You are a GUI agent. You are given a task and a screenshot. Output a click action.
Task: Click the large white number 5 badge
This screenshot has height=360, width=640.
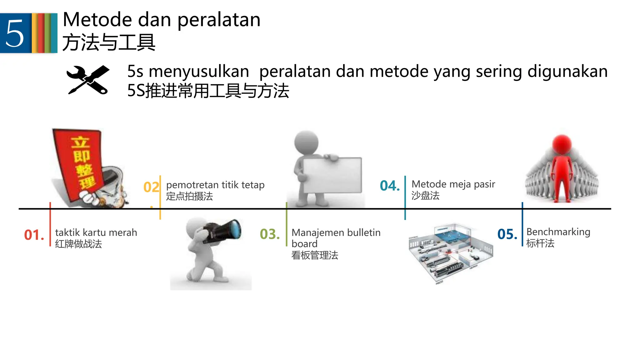(x=15, y=33)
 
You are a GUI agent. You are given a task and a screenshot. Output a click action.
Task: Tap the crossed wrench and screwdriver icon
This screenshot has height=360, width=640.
(x=88, y=80)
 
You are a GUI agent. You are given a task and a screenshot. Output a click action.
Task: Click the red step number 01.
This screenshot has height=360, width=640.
(x=34, y=235)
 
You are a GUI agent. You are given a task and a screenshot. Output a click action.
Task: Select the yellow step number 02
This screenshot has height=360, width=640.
(x=151, y=187)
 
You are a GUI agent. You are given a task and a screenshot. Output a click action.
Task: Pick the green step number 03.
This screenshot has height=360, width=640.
(x=269, y=234)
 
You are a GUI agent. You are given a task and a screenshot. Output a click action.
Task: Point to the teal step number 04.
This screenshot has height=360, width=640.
(x=390, y=186)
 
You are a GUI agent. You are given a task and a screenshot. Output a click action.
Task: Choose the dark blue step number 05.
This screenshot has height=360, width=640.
(x=507, y=234)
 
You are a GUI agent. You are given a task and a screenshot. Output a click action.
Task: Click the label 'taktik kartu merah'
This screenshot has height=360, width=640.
(x=96, y=232)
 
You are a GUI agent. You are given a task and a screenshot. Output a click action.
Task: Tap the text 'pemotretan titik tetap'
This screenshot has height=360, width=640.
(x=215, y=185)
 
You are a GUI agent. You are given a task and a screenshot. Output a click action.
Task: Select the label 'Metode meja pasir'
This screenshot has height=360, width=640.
(x=453, y=184)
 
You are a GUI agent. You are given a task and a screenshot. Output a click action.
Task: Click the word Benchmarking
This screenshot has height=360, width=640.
(x=558, y=232)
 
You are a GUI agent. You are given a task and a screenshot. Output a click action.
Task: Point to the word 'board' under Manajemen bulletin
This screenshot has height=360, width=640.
(x=304, y=244)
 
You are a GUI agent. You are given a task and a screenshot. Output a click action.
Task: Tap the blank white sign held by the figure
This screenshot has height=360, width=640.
(x=332, y=175)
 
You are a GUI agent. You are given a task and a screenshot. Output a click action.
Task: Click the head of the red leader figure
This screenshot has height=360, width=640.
(x=562, y=144)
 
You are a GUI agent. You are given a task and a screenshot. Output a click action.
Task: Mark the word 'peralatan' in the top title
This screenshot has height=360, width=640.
(x=219, y=20)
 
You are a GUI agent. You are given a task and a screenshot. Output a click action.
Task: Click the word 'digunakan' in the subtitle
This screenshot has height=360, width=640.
(x=567, y=72)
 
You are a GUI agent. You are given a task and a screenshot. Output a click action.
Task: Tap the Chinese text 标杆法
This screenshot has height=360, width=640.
(x=540, y=243)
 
